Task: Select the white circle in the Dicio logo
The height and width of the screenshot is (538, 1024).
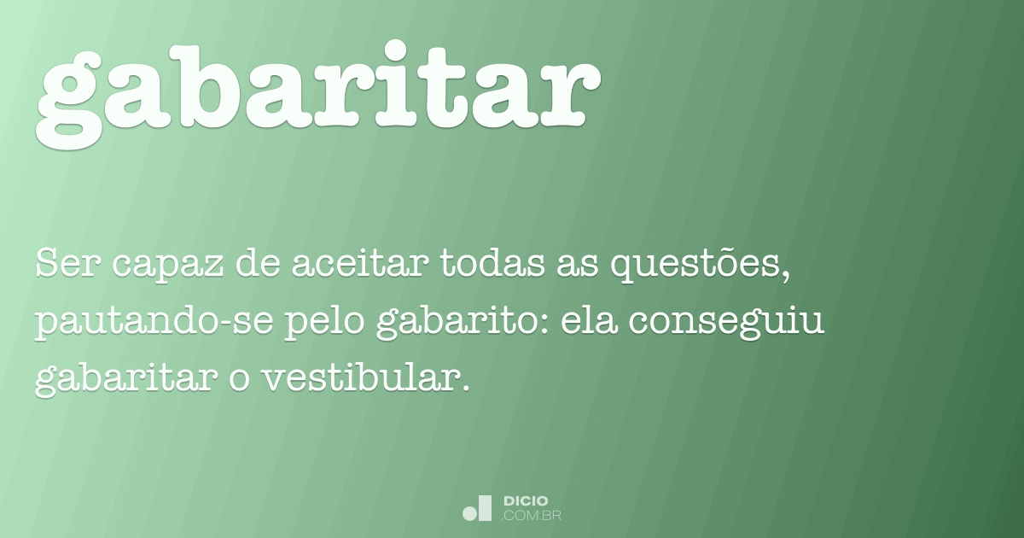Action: [470, 513]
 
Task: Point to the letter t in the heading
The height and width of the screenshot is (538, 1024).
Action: [462, 85]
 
